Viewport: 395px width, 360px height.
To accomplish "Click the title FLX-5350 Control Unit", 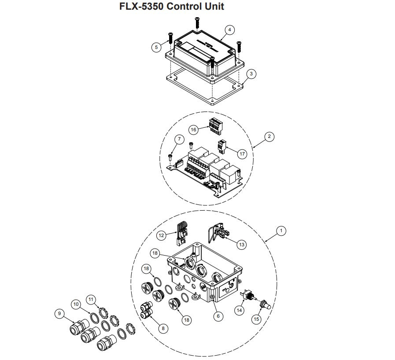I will tap(172, 7).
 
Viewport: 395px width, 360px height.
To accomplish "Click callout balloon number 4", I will tap(229, 30).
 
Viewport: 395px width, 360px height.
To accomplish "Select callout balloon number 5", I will tap(156, 48).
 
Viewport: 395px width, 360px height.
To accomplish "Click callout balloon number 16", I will tap(193, 130).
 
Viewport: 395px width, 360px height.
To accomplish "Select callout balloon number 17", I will tap(242, 153).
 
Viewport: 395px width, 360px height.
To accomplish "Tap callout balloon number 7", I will tap(179, 140).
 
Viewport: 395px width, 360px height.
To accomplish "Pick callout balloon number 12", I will tap(161, 235).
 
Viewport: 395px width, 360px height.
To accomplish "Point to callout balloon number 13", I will tap(242, 244).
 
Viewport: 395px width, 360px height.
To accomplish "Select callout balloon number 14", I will tap(240, 310).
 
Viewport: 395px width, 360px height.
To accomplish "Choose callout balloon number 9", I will tap(59, 314).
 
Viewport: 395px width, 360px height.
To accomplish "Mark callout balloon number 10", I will tap(76, 304).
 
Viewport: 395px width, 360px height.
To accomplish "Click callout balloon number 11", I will tap(91, 299).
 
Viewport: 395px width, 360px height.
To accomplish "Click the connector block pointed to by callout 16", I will tap(215, 126).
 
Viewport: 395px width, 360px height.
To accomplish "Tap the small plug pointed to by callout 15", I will tap(265, 304).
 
